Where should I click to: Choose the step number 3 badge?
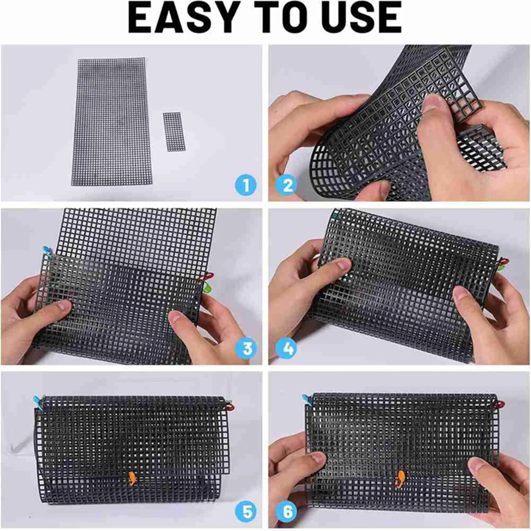pyautogui.click(x=246, y=348)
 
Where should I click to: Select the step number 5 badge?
pyautogui.click(x=246, y=512)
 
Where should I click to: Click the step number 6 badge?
pyautogui.click(x=287, y=512)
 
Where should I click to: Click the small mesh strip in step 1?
pyautogui.click(x=172, y=131)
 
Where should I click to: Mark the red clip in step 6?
pyautogui.click(x=500, y=405)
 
